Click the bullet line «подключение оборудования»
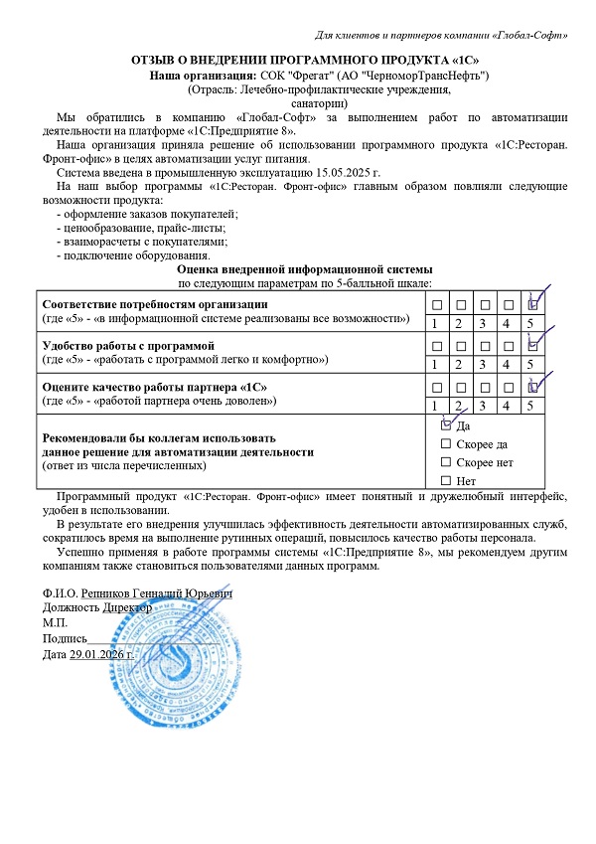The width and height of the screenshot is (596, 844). point(126,255)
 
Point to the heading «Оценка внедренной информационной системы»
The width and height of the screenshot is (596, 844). point(304,269)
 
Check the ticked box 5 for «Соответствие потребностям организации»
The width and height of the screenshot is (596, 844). point(532,303)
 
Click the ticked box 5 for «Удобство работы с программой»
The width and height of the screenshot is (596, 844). point(532,345)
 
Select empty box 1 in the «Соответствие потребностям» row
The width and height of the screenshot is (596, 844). point(435,303)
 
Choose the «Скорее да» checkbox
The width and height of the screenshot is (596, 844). point(445,443)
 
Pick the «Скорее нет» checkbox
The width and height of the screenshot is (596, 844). point(445,462)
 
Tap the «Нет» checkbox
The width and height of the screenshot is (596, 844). point(445,481)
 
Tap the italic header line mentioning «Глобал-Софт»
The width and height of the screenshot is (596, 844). point(441,37)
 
